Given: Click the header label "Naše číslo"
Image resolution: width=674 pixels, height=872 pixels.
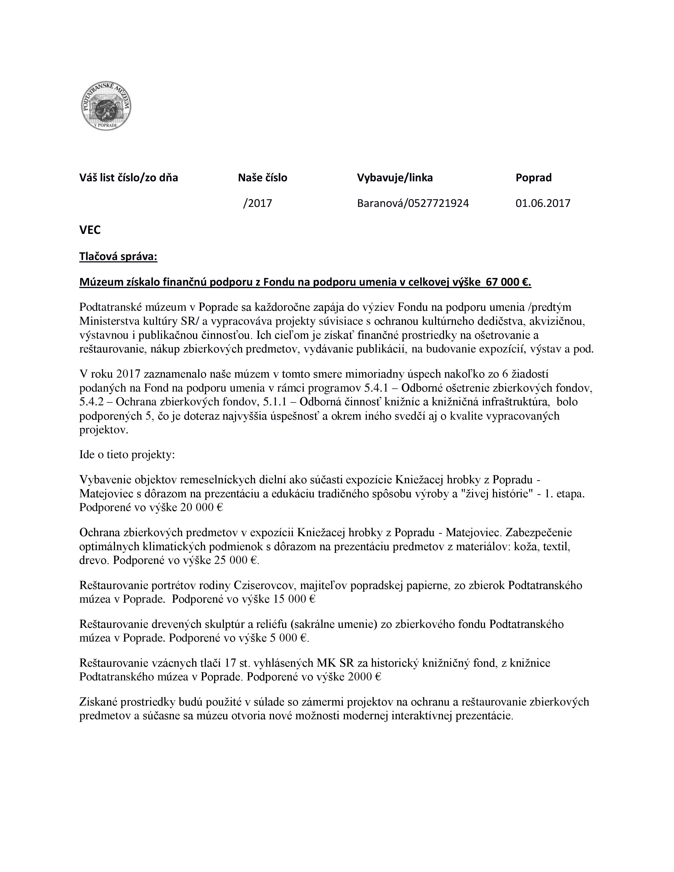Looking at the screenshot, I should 262,178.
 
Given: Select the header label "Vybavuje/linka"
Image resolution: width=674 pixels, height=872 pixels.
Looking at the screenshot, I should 395,178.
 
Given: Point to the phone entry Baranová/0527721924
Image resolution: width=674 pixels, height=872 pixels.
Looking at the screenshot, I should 413,203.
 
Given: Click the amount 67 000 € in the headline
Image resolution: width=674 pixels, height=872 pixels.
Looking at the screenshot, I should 507,282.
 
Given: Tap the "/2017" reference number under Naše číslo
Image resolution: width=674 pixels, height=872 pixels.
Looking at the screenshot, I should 257,203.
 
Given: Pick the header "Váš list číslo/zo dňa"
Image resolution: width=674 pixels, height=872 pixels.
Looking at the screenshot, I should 128,178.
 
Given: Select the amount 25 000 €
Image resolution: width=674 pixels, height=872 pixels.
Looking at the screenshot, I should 236,560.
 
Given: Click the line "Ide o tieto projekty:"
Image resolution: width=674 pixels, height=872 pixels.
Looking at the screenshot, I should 127,455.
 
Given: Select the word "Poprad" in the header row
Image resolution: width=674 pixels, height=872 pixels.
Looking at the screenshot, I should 533,178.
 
